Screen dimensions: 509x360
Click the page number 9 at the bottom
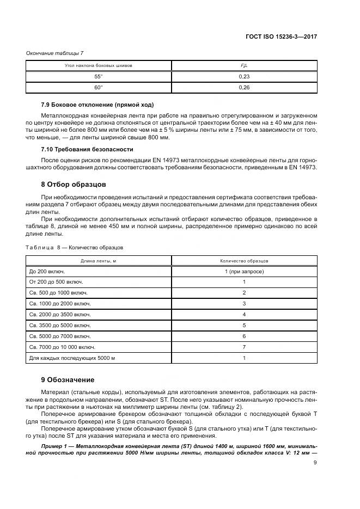[x=315, y=463]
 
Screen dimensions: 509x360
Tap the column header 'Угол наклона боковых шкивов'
[x=99, y=65]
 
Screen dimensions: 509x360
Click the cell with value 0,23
[x=244, y=77]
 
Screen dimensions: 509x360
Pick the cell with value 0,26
[x=244, y=88]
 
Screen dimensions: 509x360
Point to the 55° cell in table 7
[x=99, y=77]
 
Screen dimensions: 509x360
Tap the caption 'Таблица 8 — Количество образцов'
[x=75, y=247]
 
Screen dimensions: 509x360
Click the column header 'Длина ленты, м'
[x=99, y=260]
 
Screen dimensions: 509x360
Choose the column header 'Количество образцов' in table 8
[x=244, y=260]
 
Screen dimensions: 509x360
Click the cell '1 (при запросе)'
[x=244, y=271]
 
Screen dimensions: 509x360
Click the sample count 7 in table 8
[x=244, y=347]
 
